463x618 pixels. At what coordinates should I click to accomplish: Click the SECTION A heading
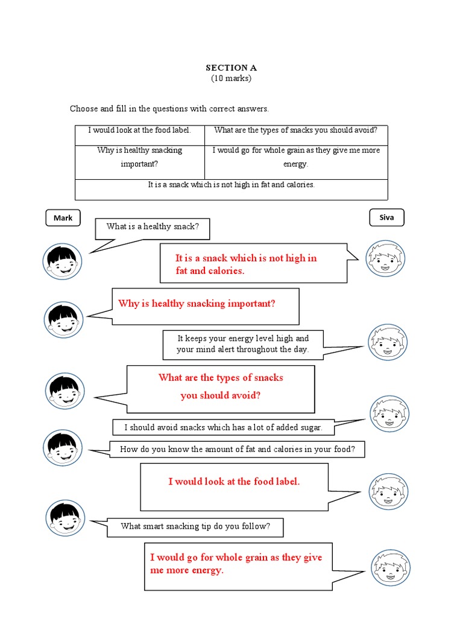tap(231, 68)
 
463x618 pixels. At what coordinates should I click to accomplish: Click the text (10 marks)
tap(231, 78)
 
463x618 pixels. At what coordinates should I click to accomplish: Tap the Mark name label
tap(63, 218)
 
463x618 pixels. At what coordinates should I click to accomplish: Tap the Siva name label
tap(386, 217)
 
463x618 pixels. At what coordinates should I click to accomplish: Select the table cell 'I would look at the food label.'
tap(139, 130)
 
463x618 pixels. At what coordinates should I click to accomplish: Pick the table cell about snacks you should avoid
tap(295, 130)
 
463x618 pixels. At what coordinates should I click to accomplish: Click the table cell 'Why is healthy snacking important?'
tap(139, 157)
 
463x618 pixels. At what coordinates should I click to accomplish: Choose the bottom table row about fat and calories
tap(231, 185)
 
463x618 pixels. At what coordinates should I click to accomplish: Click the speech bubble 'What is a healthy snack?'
tap(152, 227)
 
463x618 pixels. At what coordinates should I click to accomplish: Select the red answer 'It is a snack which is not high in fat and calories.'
tap(246, 264)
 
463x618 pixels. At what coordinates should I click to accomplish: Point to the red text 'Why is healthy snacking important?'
tap(197, 304)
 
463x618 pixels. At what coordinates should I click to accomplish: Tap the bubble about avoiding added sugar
tap(223, 427)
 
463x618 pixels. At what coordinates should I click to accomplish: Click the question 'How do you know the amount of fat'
tap(237, 449)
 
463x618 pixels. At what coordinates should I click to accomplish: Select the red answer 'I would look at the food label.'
tap(234, 482)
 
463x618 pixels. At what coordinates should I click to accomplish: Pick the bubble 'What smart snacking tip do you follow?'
tap(195, 526)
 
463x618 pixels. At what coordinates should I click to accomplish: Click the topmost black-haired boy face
tap(62, 261)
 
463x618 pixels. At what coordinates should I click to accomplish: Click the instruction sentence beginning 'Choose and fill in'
tap(169, 109)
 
